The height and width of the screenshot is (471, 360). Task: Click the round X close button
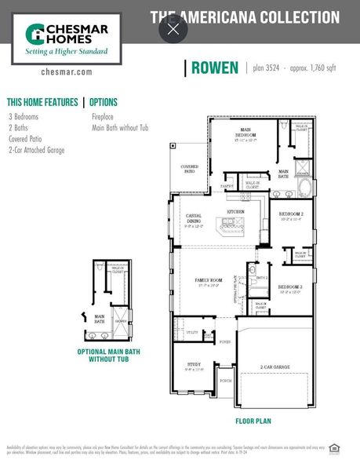[173, 30]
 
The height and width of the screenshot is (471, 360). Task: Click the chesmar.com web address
[66, 71]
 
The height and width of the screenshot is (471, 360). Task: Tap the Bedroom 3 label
[291, 288]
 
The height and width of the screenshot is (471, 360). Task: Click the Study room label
[194, 365]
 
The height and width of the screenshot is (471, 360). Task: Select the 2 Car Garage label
[275, 367]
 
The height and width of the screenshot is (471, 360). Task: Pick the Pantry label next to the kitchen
[227, 186]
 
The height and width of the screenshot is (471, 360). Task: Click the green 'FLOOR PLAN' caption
[253, 421]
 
